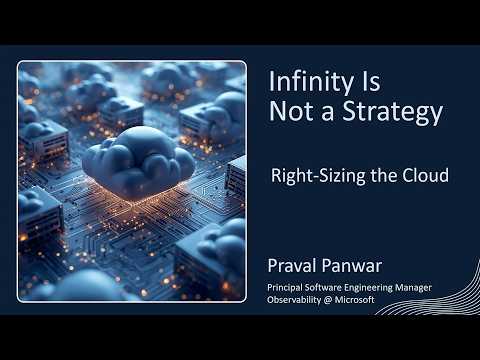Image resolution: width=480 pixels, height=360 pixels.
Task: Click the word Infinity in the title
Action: coord(311,82)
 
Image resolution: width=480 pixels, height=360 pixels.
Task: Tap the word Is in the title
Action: coord(371,81)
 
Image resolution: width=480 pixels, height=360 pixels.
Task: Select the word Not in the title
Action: coord(292,111)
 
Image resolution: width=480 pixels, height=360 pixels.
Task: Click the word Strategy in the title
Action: coord(393,112)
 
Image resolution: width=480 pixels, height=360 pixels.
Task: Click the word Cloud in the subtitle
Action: coord(425,175)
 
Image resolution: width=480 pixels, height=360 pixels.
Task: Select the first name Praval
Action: coord(292,266)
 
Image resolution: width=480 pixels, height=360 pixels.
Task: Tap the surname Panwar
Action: coord(352,266)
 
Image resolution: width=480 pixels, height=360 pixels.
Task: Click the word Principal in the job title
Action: coord(285,288)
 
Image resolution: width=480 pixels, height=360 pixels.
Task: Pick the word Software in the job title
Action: coord(323,287)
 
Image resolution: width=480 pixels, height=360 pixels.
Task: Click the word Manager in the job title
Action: coord(413,288)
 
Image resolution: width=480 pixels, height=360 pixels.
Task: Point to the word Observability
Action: coord(294,300)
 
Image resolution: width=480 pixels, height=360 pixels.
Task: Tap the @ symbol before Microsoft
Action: coord(328,300)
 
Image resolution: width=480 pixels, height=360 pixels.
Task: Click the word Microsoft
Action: coord(355,300)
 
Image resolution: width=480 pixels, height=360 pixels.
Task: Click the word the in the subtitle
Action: coord(383,175)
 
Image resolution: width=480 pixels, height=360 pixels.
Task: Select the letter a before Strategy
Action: coord(327,113)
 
